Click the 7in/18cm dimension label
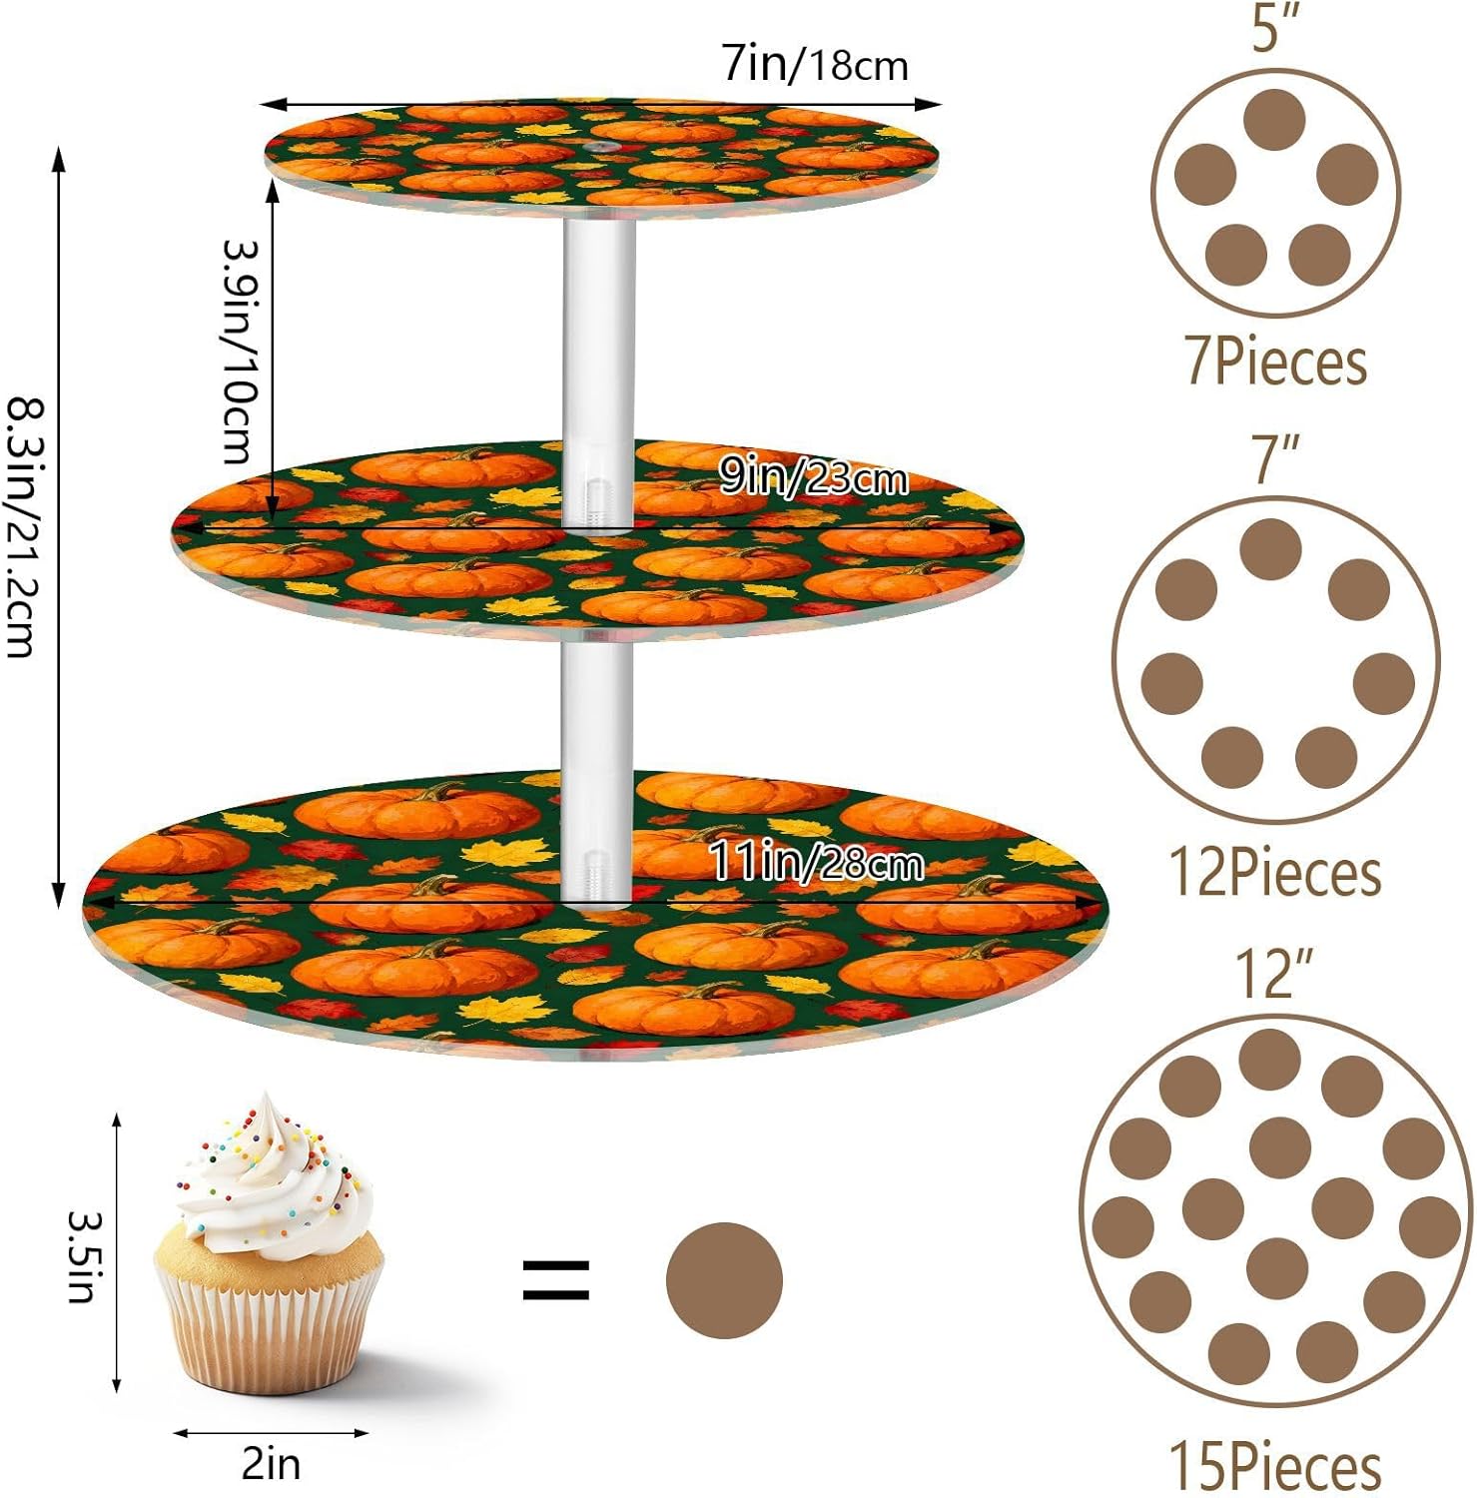815,65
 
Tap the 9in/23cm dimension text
813,478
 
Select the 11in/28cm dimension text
815,861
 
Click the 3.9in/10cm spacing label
240,351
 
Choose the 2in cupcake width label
271,1464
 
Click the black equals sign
556,1280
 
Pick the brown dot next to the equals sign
724,1280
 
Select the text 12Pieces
1275,873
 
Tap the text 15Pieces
1275,1465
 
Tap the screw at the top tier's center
599,148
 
